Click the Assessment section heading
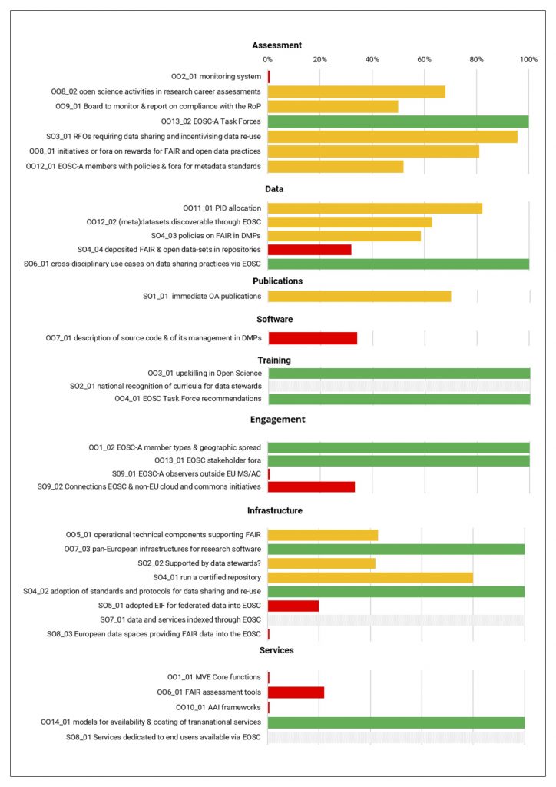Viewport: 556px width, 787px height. [277, 45]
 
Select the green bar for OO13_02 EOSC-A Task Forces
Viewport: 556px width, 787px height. [398, 121]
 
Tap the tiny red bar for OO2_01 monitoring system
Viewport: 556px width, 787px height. [269, 76]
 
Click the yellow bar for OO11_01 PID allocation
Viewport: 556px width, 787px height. [375, 208]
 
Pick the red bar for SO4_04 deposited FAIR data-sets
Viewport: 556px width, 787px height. [309, 250]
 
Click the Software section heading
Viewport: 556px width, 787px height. [274, 319]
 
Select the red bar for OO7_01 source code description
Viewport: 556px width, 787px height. [313, 338]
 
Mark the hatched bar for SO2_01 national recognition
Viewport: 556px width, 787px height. [399, 386]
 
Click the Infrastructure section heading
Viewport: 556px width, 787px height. [274, 510]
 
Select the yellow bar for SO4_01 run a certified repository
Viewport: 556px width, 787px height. [370, 577]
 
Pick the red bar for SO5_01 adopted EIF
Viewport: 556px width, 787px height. [293, 606]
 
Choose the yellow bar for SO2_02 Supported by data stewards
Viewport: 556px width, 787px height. [321, 563]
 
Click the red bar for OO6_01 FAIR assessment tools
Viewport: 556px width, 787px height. [296, 692]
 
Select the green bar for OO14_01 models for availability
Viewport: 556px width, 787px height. [396, 722]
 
